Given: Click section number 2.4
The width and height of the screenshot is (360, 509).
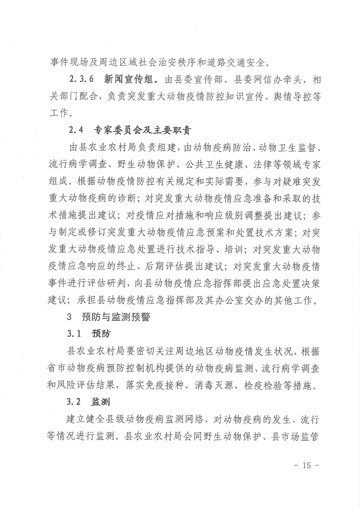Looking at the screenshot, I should [x=76, y=130].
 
